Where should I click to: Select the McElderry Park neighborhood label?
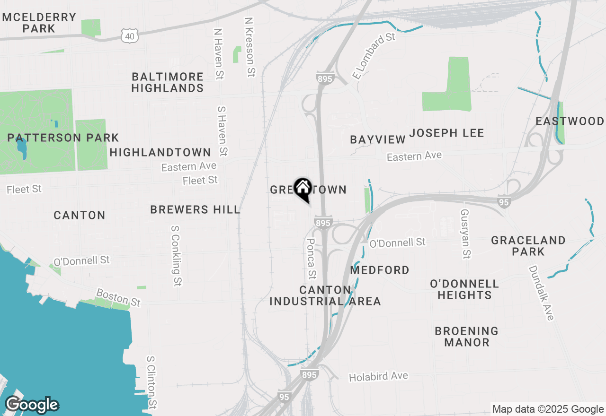point(39,23)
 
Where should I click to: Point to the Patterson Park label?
point(63,138)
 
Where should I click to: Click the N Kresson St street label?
point(250,47)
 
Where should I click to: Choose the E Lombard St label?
point(374,56)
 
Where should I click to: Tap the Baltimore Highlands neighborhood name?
point(168,82)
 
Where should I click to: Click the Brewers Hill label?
point(195,209)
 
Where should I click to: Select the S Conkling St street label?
point(176,255)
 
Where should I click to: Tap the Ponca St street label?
point(311,258)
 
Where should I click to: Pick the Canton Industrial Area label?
point(325,295)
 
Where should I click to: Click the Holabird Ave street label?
point(378,377)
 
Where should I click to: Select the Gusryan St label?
point(465,234)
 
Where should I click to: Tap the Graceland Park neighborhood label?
point(528,246)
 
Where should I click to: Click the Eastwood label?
point(570,121)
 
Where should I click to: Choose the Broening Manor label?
point(466,337)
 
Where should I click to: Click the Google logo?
point(32,405)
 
